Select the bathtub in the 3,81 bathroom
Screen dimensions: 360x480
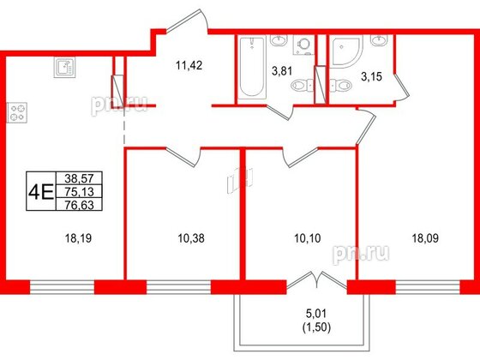pyautogui.click(x=252, y=66)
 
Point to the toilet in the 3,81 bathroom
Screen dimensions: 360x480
pyautogui.click(x=299, y=84)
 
